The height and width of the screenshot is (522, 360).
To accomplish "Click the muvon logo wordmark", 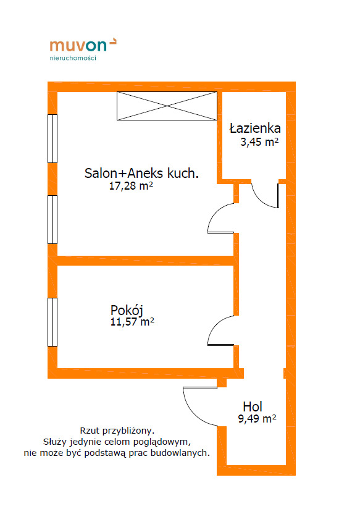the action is point(83,45).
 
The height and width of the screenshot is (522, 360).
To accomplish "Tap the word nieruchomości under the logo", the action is point(73,58).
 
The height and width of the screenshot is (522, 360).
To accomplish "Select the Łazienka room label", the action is point(255,128).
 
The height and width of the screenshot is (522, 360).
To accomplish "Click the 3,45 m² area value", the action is point(259,142).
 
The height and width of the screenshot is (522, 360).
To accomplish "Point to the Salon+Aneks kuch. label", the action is point(142,174).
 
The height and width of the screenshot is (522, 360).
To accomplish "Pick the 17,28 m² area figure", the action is point(131,186).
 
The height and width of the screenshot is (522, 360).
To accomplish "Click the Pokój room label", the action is point(127,311).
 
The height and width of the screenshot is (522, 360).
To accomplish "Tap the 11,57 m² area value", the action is point(132,322).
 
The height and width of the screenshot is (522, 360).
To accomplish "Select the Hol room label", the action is point(253,406).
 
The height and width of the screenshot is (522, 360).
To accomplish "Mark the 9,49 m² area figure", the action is point(257,418).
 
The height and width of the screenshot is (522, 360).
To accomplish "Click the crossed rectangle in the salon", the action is point(167,106).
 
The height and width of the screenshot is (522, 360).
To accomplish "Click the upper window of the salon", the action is point(52,138).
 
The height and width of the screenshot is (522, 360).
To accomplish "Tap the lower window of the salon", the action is point(52,220).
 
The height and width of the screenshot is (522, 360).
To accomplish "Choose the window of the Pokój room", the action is point(52,322).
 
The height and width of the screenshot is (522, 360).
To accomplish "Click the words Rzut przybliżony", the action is point(117,431).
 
